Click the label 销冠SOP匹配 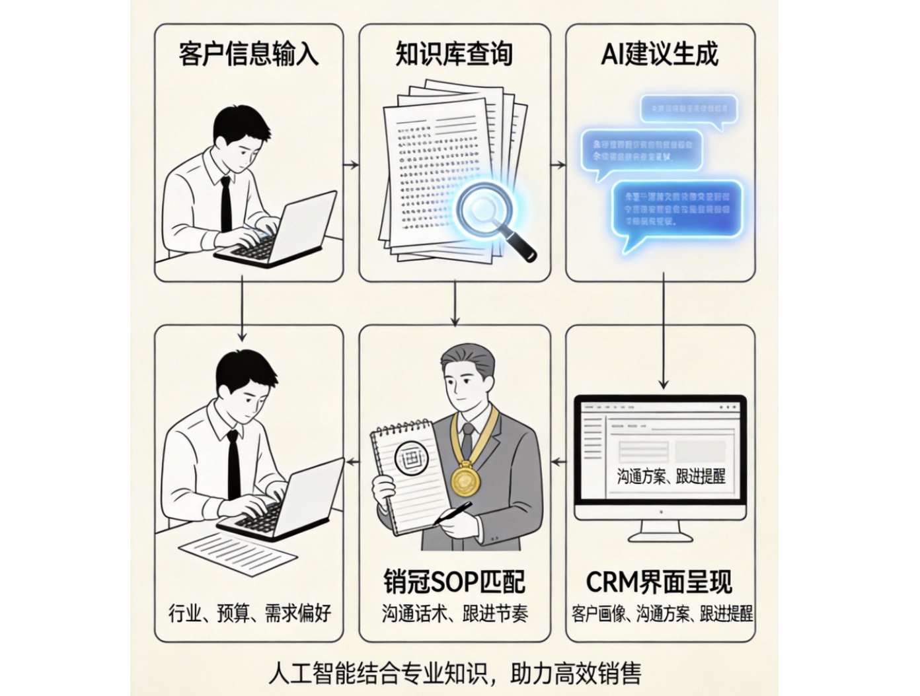click(x=454, y=582)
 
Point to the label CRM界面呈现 click(x=660, y=582)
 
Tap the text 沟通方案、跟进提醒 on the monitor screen click(x=671, y=477)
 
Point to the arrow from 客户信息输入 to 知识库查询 click(x=351, y=164)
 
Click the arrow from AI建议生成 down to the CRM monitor click(x=664, y=330)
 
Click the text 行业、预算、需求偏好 click(x=249, y=613)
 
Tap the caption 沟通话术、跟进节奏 click(x=454, y=613)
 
